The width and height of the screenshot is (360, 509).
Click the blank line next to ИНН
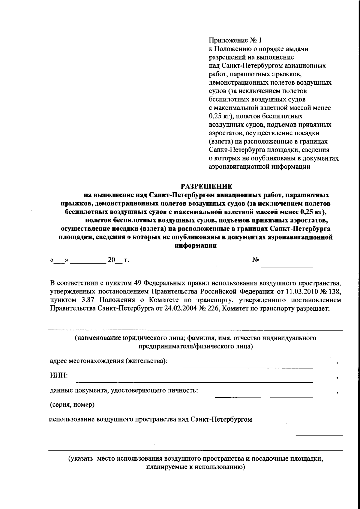[x=194, y=382]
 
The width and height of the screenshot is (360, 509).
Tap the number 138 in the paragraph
[x=336, y=291]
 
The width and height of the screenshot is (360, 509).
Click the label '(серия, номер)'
[x=72, y=405]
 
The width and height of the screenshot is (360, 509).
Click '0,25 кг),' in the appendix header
[x=221, y=116]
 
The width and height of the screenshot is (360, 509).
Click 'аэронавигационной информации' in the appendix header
[x=259, y=167]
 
